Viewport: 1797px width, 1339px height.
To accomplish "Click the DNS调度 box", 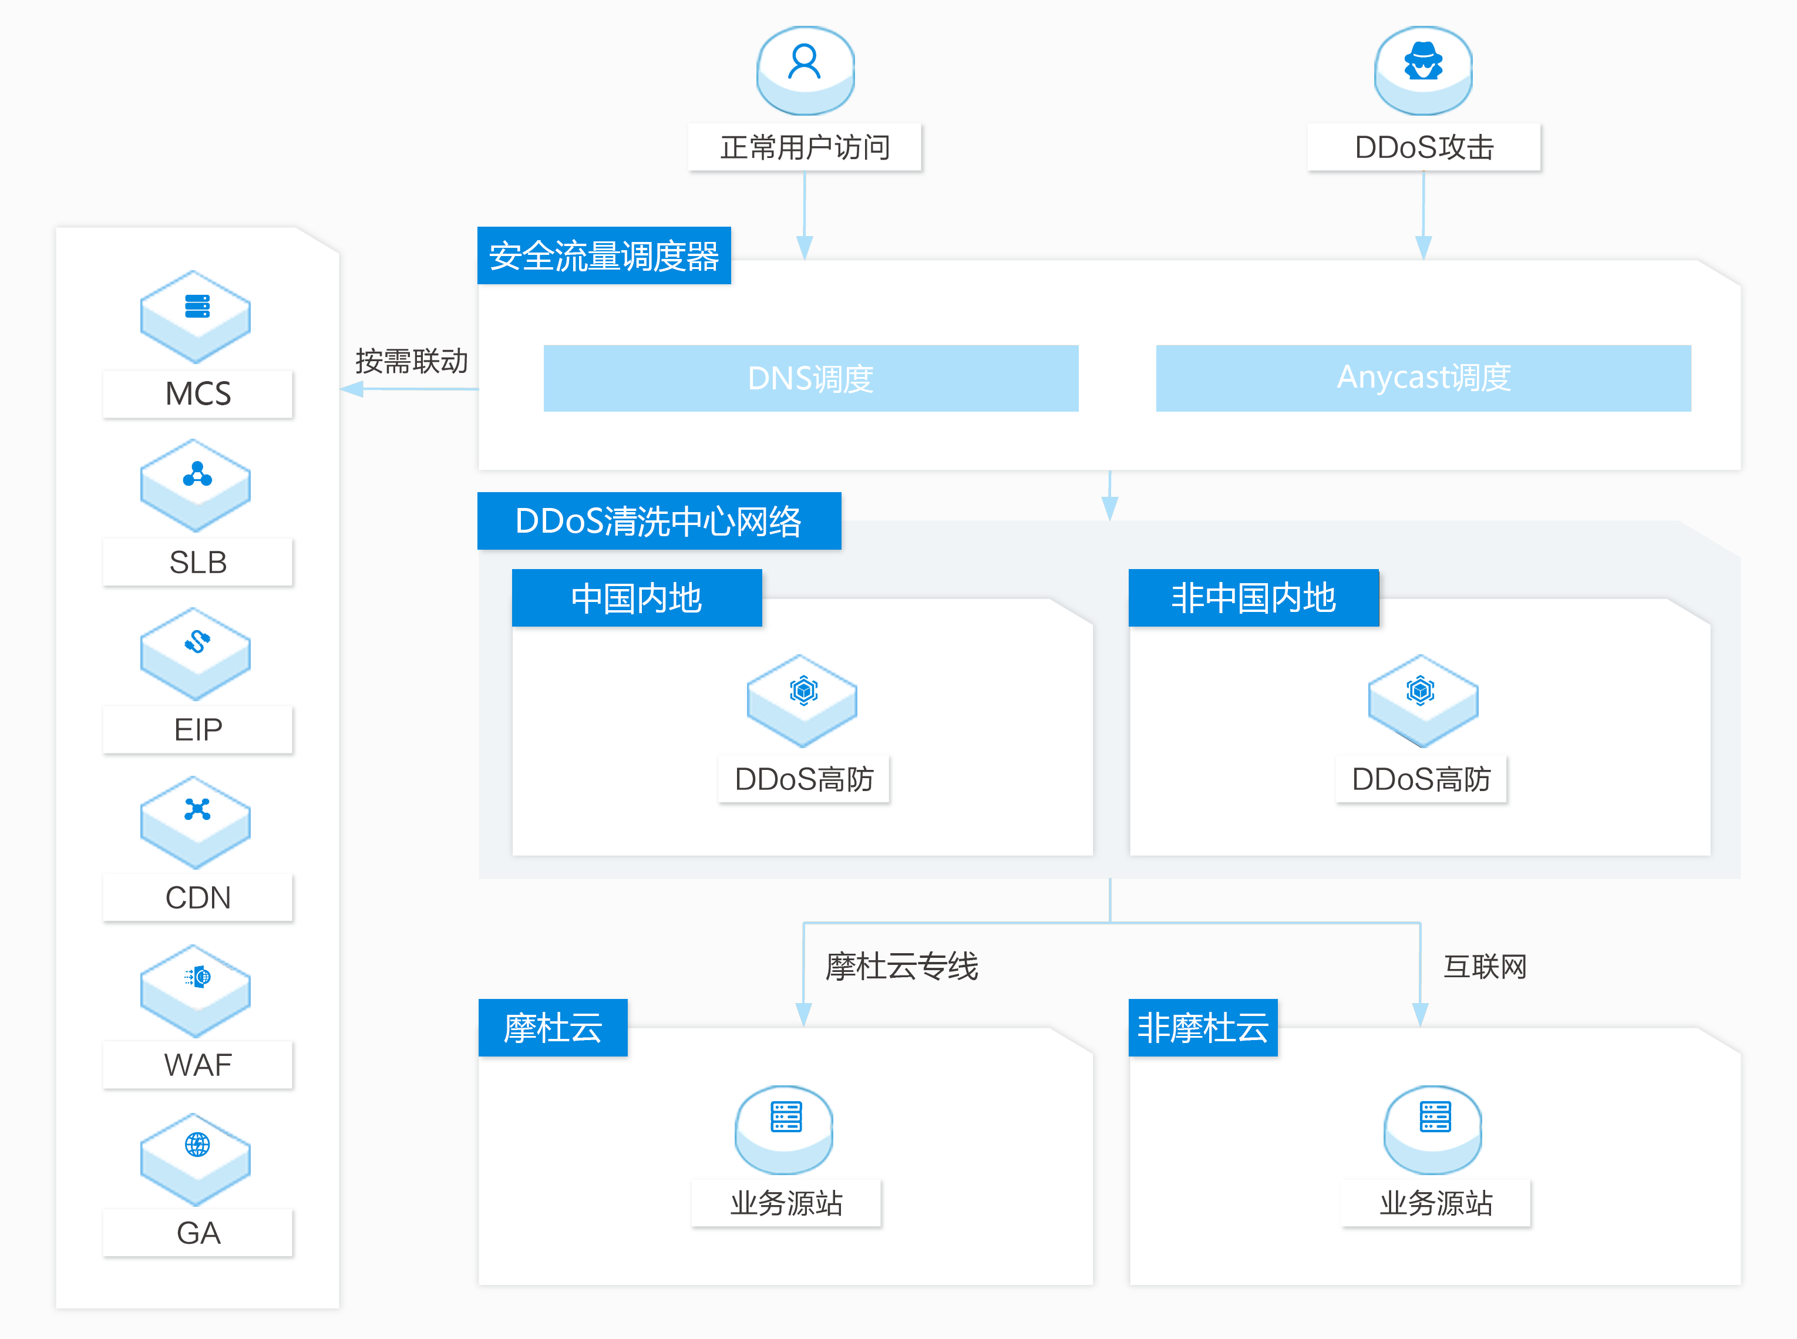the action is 810,379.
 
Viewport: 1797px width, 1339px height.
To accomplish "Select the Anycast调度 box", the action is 1424,379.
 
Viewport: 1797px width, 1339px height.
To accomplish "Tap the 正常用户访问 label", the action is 805,147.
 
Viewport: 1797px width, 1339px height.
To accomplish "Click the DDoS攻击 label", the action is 1424,147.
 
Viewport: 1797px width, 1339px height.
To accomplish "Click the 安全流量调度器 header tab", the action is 604,255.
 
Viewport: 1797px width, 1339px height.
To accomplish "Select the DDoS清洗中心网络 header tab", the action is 659,521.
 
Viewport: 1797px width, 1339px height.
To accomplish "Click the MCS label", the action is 198,394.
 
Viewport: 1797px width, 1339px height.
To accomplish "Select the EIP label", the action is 198,729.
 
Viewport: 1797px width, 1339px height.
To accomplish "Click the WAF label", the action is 198,1065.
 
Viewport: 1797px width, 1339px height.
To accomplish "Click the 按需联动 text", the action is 412,361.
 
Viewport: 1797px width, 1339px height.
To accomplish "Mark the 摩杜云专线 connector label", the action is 902,966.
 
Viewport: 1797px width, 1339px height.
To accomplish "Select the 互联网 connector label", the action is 1486,966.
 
